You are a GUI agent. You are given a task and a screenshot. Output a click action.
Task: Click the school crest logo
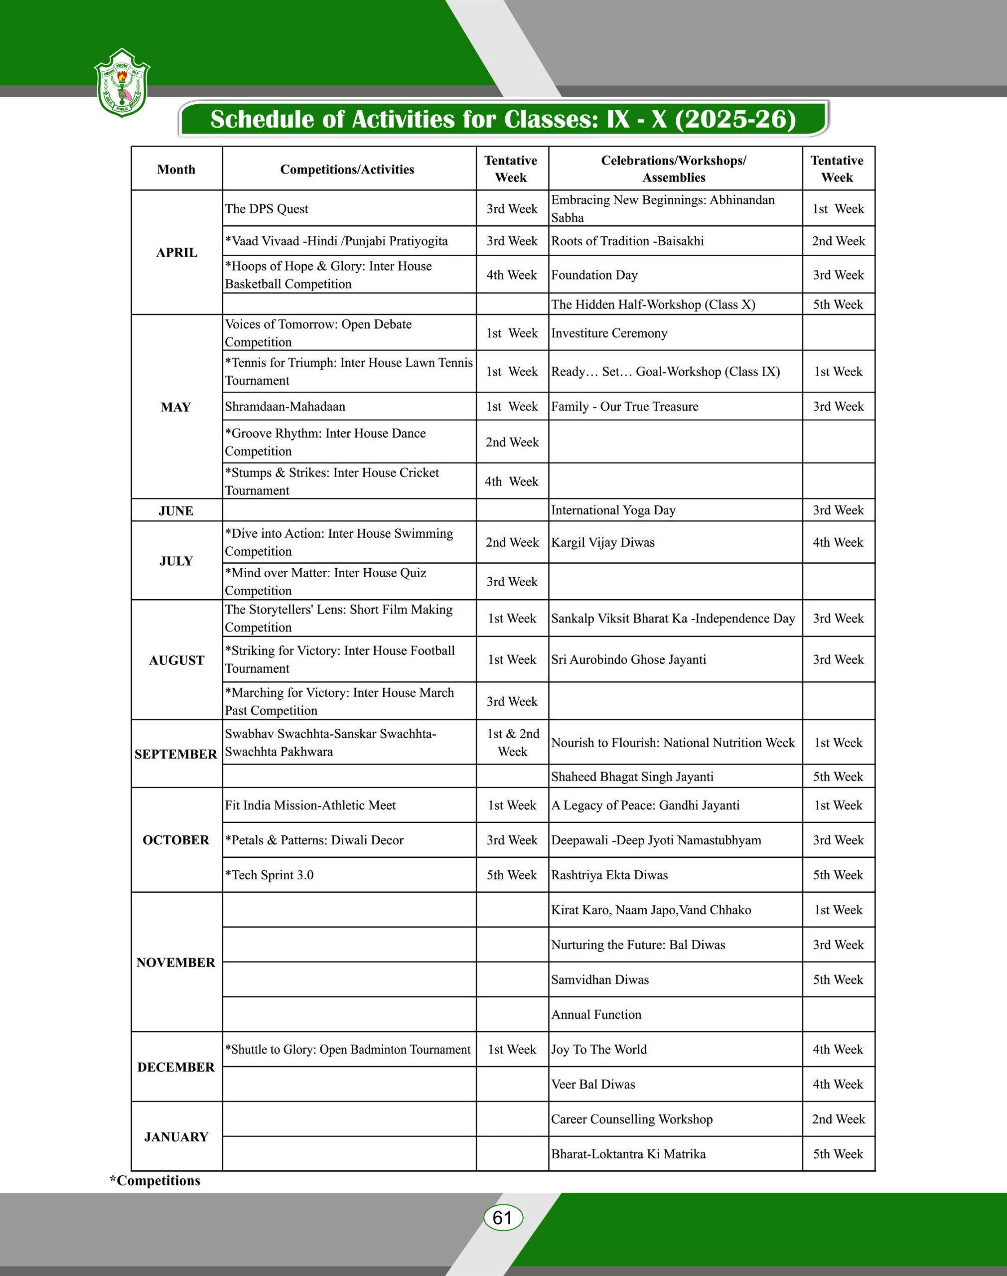tap(122, 83)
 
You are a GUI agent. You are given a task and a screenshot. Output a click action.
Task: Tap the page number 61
tap(502, 1217)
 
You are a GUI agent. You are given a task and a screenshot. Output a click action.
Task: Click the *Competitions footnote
tap(155, 1180)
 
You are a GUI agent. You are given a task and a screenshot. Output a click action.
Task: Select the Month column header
tap(176, 169)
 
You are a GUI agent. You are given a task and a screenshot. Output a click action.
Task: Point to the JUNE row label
tap(176, 510)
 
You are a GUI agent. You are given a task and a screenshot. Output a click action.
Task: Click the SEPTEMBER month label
tap(176, 754)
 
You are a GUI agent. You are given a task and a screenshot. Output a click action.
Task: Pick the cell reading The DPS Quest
tap(267, 209)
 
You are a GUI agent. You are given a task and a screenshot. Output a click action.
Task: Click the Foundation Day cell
tap(594, 275)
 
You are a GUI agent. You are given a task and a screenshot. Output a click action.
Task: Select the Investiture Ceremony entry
tap(609, 333)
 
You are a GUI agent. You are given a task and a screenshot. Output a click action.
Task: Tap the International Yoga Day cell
tap(613, 510)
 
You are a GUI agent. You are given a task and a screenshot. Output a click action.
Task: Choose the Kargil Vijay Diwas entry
tap(602, 542)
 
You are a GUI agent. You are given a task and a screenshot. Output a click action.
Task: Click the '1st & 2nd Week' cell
tap(512, 742)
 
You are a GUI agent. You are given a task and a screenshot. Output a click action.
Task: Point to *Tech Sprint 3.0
tap(270, 875)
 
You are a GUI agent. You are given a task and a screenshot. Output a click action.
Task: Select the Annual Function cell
tap(596, 1014)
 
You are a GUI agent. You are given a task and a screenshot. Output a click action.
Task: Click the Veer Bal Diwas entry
tap(593, 1084)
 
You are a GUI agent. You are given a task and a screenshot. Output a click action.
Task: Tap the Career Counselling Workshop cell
tap(631, 1118)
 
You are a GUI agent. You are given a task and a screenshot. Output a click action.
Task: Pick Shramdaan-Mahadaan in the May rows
tap(285, 406)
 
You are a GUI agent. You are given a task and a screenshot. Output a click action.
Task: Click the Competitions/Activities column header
tap(347, 169)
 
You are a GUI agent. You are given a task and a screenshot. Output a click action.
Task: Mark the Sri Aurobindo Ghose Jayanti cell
tap(628, 659)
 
